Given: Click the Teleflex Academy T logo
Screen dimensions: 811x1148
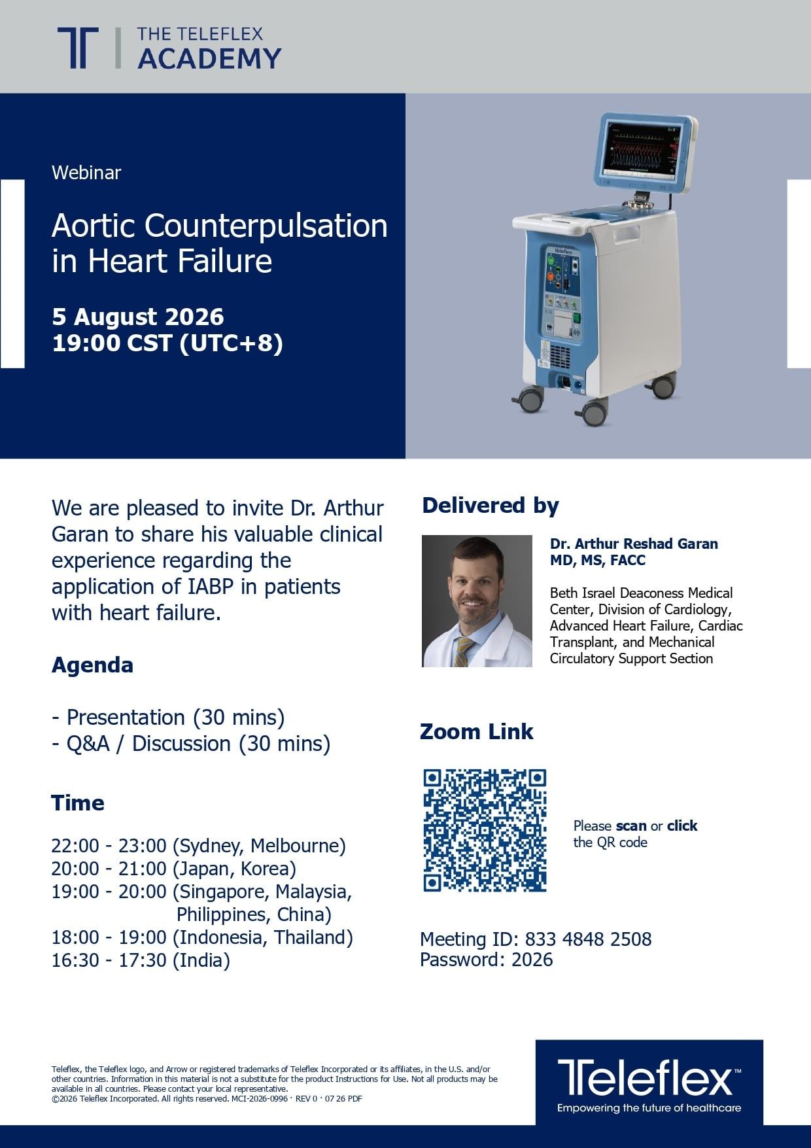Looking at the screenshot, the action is tap(78, 48).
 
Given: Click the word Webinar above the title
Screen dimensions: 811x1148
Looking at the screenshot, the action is tap(86, 173).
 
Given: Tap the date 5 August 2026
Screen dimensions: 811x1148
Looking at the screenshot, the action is tap(138, 317).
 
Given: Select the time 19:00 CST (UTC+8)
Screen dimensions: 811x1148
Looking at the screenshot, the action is tap(167, 343).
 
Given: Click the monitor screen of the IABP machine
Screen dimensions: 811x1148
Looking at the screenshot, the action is tap(644, 148).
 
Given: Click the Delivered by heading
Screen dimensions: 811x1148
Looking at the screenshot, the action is tap(491, 506).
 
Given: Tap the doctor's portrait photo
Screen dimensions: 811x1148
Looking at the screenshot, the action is tap(477, 601).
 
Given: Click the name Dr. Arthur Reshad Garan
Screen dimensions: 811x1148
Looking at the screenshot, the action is tap(634, 544).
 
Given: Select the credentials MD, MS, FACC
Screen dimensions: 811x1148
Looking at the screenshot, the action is tap(598, 560).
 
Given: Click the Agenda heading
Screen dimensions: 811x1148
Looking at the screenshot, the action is tap(92, 665).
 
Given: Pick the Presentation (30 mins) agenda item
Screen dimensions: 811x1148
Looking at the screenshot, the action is tap(169, 718).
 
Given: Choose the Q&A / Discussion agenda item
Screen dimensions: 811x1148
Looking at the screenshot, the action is tap(191, 744).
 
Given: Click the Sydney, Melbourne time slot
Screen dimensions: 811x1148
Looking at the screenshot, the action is tap(199, 846).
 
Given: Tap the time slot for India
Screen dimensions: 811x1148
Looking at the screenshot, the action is tap(141, 960).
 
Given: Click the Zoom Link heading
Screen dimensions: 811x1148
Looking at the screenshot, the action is tap(476, 731).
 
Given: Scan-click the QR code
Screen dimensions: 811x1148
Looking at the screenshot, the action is tap(485, 830).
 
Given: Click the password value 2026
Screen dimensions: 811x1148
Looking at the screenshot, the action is tap(532, 960).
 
